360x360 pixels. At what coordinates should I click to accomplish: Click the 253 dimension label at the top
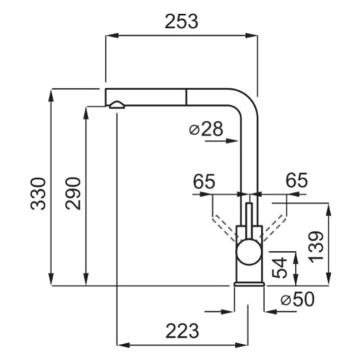pos(182,21)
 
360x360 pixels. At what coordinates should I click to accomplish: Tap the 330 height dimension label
pos(38,194)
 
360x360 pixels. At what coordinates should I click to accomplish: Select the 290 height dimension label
pos(73,193)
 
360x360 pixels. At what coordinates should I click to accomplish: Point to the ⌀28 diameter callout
pos(206,129)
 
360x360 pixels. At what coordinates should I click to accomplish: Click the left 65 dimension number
pos(204,182)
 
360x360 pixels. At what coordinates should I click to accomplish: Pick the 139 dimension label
pos(316,247)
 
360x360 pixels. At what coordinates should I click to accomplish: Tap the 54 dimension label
pos(280,267)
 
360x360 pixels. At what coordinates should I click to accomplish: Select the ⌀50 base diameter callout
pos(297,299)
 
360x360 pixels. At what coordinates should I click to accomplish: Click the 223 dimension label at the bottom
pos(182,331)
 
